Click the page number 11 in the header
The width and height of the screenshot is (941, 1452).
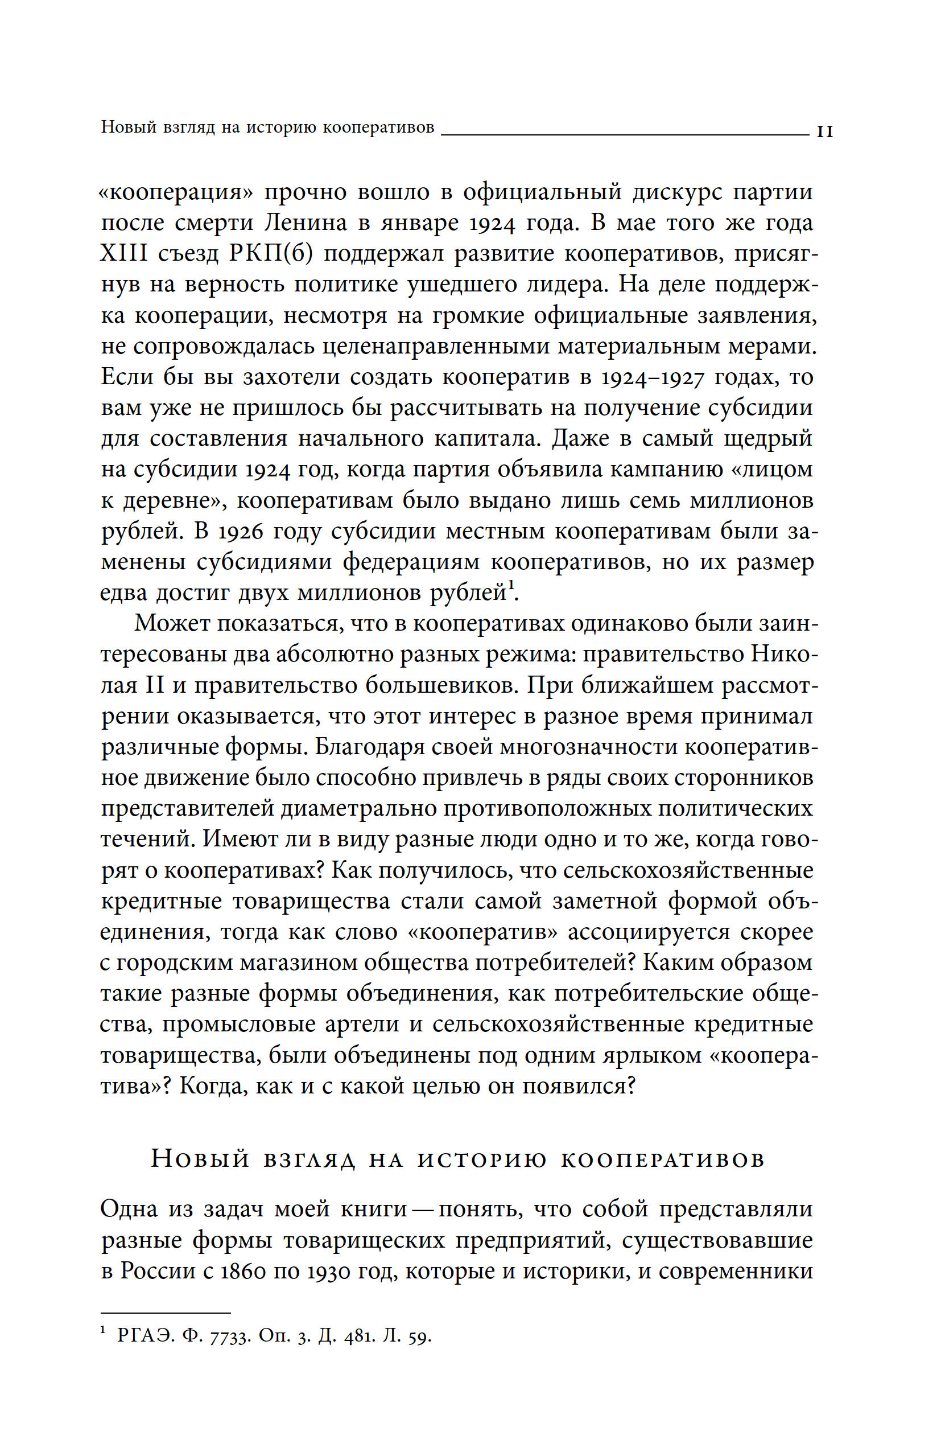[x=824, y=131]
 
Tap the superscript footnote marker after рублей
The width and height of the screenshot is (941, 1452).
[x=511, y=587]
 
